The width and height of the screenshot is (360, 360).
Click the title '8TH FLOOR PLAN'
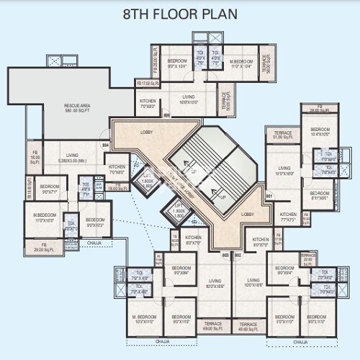(x=179, y=14)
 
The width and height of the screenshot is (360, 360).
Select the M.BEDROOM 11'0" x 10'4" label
(x=240, y=64)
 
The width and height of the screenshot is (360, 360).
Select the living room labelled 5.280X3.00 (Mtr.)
(x=72, y=158)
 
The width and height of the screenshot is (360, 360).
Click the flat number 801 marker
(x=269, y=195)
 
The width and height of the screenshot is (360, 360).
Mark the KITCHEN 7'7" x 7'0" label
(x=288, y=217)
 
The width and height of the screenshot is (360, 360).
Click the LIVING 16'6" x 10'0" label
(x=189, y=99)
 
